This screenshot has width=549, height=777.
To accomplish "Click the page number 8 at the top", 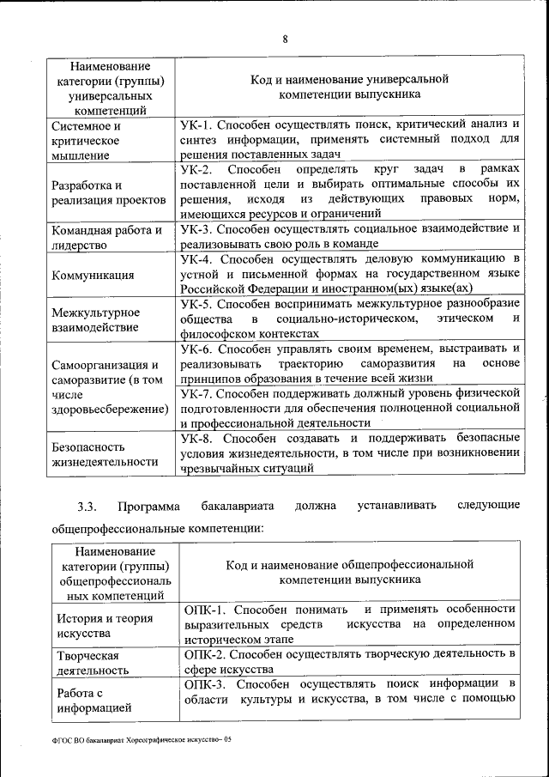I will [284, 38].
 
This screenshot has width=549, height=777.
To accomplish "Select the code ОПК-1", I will [205, 609].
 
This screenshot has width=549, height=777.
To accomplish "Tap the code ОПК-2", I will [205, 654].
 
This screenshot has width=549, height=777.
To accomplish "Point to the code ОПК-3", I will [205, 684].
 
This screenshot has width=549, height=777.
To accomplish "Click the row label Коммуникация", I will [92, 275].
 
